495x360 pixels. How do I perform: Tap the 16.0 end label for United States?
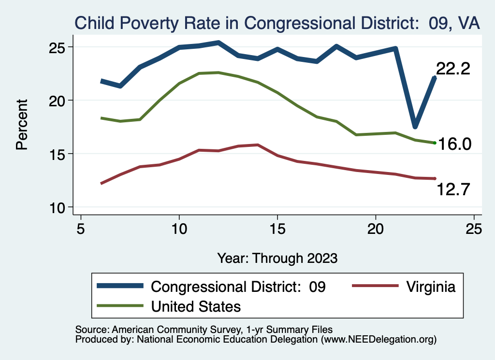click(454, 144)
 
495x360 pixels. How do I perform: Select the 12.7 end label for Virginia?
click(453, 189)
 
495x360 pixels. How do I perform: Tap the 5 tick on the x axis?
click(81, 229)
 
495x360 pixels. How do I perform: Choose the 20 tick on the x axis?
click(376, 229)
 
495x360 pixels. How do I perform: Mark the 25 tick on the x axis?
click(474, 229)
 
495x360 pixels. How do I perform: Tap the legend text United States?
click(196, 306)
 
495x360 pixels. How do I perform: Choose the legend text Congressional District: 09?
click(239, 287)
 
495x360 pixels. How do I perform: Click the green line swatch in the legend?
click(120, 305)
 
